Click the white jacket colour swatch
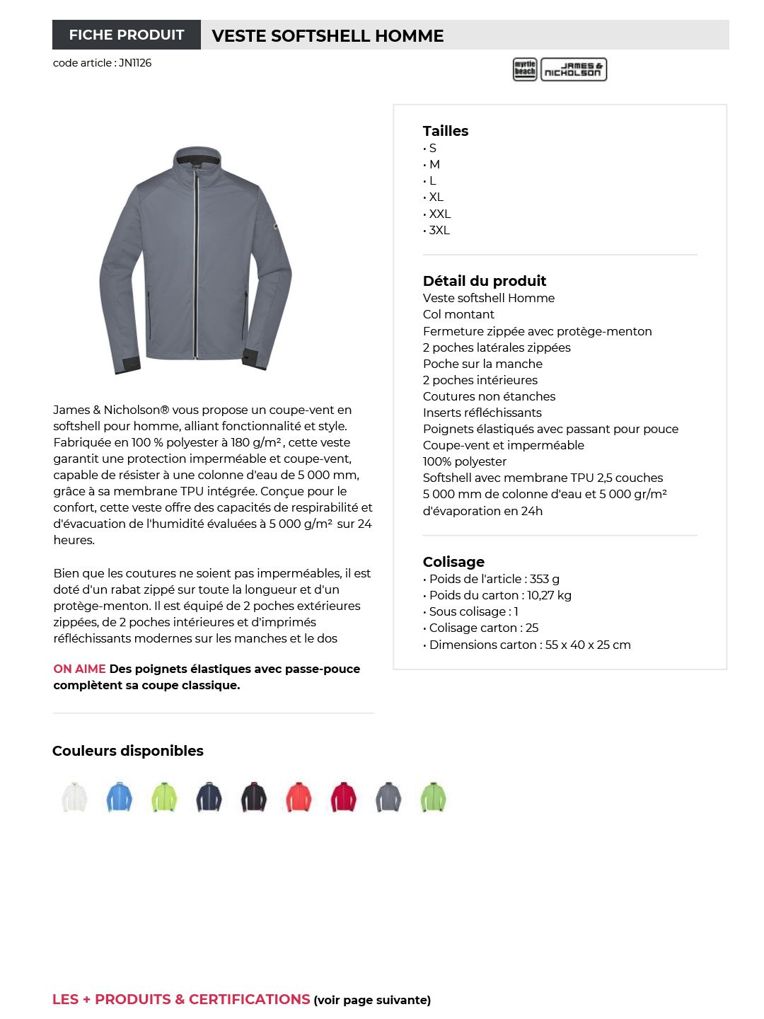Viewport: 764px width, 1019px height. [x=74, y=798]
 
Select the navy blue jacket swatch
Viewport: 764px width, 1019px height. [x=209, y=798]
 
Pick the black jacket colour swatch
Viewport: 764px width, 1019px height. [x=254, y=798]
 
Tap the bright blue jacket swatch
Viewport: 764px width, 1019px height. [x=119, y=798]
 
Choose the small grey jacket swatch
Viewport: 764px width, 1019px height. [x=388, y=798]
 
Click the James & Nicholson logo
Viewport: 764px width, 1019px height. [x=574, y=69]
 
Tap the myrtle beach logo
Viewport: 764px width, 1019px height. [x=525, y=69]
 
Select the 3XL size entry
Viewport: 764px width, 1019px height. [x=439, y=230]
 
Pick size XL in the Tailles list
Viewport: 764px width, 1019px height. [x=436, y=197]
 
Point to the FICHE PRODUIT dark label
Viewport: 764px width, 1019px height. [x=127, y=35]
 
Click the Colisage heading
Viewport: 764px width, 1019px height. [x=453, y=562]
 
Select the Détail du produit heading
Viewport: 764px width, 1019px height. [x=485, y=281]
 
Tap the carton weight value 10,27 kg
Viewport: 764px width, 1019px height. [x=549, y=595]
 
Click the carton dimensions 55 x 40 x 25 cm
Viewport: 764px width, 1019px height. [x=588, y=645]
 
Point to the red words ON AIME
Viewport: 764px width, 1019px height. [x=79, y=669]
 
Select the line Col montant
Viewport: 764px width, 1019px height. [x=458, y=314]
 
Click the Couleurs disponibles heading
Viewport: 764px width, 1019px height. [x=128, y=751]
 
